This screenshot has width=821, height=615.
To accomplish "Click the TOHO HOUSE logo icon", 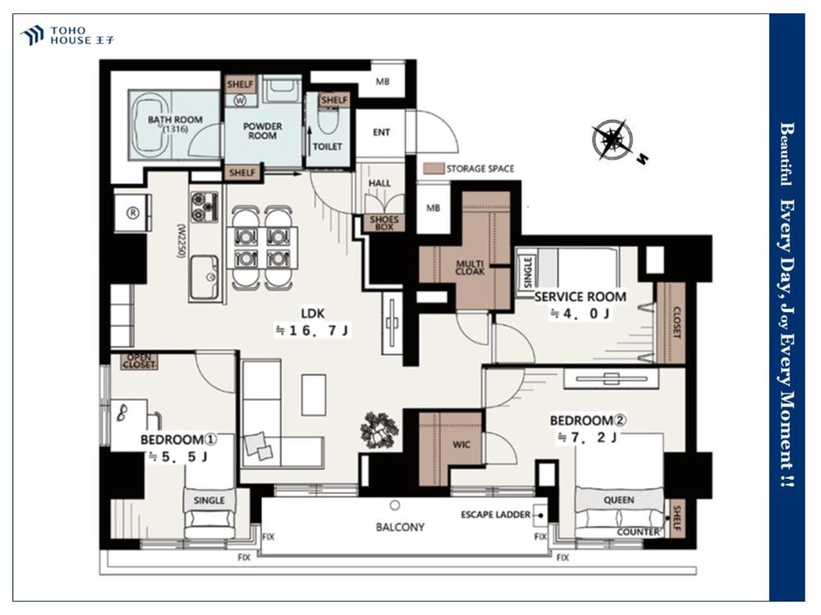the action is coord(31,35).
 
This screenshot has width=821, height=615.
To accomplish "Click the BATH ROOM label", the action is coord(175,120).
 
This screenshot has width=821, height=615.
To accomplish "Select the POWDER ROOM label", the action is coord(263,130).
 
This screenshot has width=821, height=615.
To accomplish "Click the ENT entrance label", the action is coord(381,132).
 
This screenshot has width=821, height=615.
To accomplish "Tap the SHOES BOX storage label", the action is coord(384,223).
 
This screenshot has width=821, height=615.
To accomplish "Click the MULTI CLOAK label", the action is coord(470,268).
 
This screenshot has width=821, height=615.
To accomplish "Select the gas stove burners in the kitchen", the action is coord(204,207).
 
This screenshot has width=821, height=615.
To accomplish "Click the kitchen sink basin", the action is coord(204,277).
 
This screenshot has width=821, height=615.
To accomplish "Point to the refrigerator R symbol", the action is coord(134,213).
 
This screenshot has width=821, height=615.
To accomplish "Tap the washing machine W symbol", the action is coord(240,101).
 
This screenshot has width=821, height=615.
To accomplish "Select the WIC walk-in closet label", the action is coord(461,444).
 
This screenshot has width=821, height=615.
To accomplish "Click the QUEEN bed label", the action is coord(619,500).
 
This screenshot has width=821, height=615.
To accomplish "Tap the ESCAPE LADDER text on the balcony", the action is coord(495,515).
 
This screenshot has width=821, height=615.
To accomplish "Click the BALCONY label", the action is coord(400,526).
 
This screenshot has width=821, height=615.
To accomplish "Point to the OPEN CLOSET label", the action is coord(140,361).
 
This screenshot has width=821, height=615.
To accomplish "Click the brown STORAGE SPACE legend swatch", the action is coord(433,169).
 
